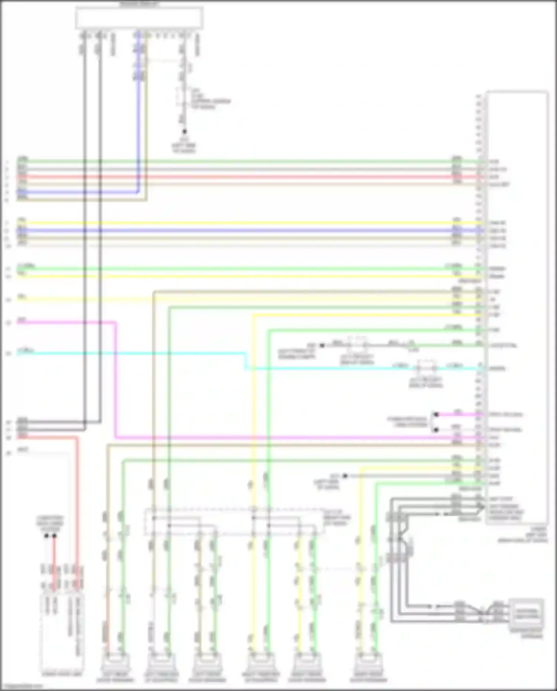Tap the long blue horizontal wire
[260, 230]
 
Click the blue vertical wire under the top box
[139, 111]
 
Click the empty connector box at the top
[139, 18]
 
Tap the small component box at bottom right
[526, 613]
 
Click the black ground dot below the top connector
[184, 131]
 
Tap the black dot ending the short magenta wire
[437, 414]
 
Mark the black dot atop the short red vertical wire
[55, 536]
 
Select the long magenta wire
[260, 437]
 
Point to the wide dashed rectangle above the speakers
[234, 522]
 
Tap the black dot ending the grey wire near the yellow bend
[345, 476]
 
